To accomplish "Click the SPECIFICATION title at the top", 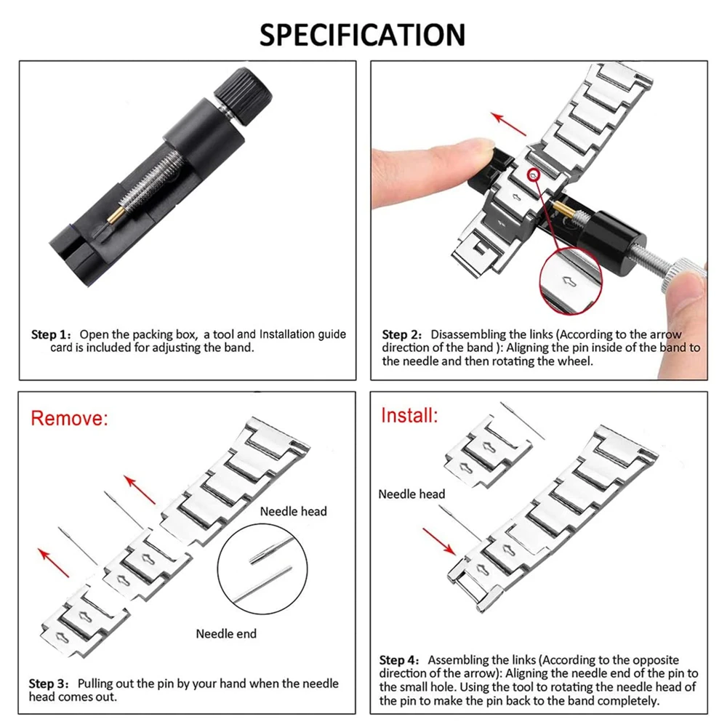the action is click(x=363, y=34).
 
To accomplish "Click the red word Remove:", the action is click(x=69, y=418).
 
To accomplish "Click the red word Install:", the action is click(x=409, y=416).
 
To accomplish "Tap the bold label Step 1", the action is click(x=51, y=335).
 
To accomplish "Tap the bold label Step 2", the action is click(x=402, y=335).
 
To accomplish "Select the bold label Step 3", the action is click(x=51, y=684).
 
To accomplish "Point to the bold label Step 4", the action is click(x=399, y=660).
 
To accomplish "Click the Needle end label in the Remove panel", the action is click(x=226, y=634).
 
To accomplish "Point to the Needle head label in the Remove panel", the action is click(x=294, y=511).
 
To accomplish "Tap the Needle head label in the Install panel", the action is click(x=411, y=494).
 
